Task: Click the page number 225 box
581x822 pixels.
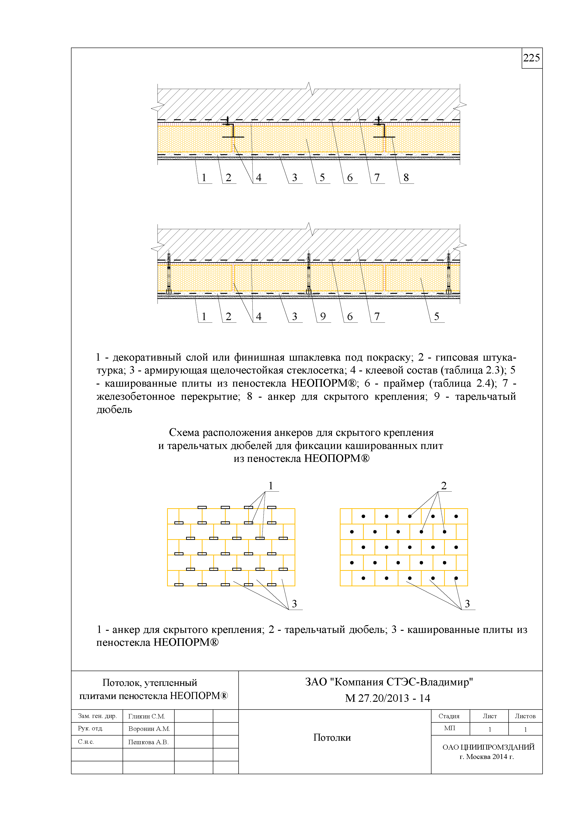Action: pos(532,58)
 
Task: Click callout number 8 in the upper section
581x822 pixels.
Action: pos(406,178)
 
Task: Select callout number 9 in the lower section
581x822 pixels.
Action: pos(323,317)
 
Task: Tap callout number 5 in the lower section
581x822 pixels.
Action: pos(436,317)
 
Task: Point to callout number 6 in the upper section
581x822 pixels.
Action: pos(350,178)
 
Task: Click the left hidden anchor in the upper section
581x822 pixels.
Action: pos(233,131)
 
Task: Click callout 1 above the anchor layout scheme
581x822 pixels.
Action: pos(271,486)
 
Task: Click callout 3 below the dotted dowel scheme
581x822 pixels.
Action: pos(467,604)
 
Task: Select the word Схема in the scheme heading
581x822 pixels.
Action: pos(184,433)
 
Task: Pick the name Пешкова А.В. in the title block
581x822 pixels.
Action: pos(148,742)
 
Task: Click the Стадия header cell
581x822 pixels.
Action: pos(449,716)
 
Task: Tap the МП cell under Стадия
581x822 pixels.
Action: pos(450,728)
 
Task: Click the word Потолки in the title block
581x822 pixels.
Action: pos(332,737)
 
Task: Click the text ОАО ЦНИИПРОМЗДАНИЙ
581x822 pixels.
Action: pos(488,747)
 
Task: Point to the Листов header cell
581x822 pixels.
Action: pos(525,716)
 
